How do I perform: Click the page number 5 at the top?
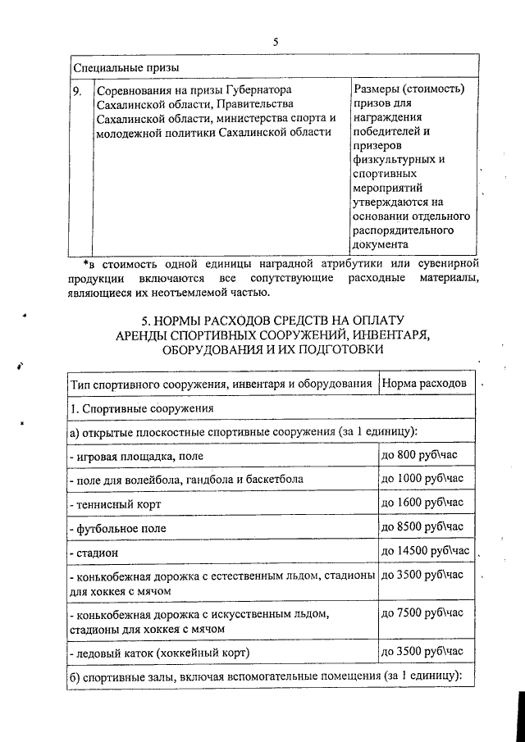[x=276, y=42]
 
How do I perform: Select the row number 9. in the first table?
[x=78, y=89]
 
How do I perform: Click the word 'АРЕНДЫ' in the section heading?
[x=147, y=335]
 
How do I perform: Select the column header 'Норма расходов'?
[x=427, y=383]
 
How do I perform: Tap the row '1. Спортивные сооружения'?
[x=142, y=407]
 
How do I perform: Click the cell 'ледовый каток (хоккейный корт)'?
[x=159, y=653]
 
